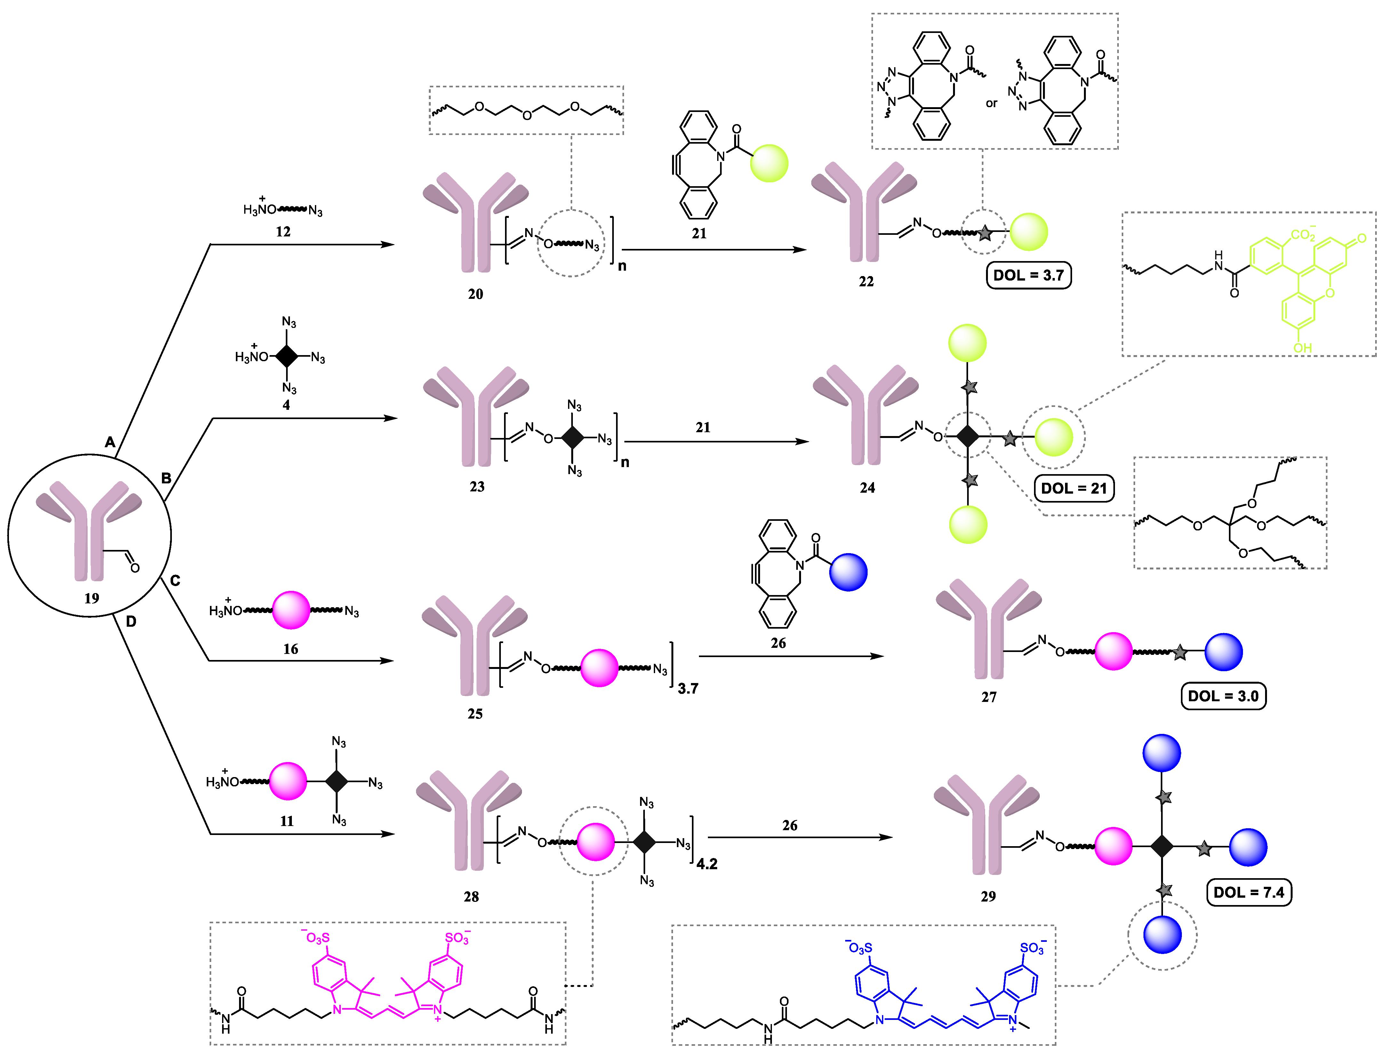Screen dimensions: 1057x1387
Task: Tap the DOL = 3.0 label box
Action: pos(1223,696)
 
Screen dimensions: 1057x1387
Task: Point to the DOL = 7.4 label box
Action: pos(1248,892)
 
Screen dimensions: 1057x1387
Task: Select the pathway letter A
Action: pos(110,442)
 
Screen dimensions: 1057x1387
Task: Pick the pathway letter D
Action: pos(131,622)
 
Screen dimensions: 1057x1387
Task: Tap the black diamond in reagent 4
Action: pos(287,356)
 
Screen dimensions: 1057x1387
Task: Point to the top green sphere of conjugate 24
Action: pos(967,343)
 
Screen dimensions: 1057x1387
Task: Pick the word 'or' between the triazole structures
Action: pos(991,103)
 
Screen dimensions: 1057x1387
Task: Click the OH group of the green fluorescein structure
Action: pos(1302,347)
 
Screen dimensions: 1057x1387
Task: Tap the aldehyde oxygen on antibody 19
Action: pos(135,568)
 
